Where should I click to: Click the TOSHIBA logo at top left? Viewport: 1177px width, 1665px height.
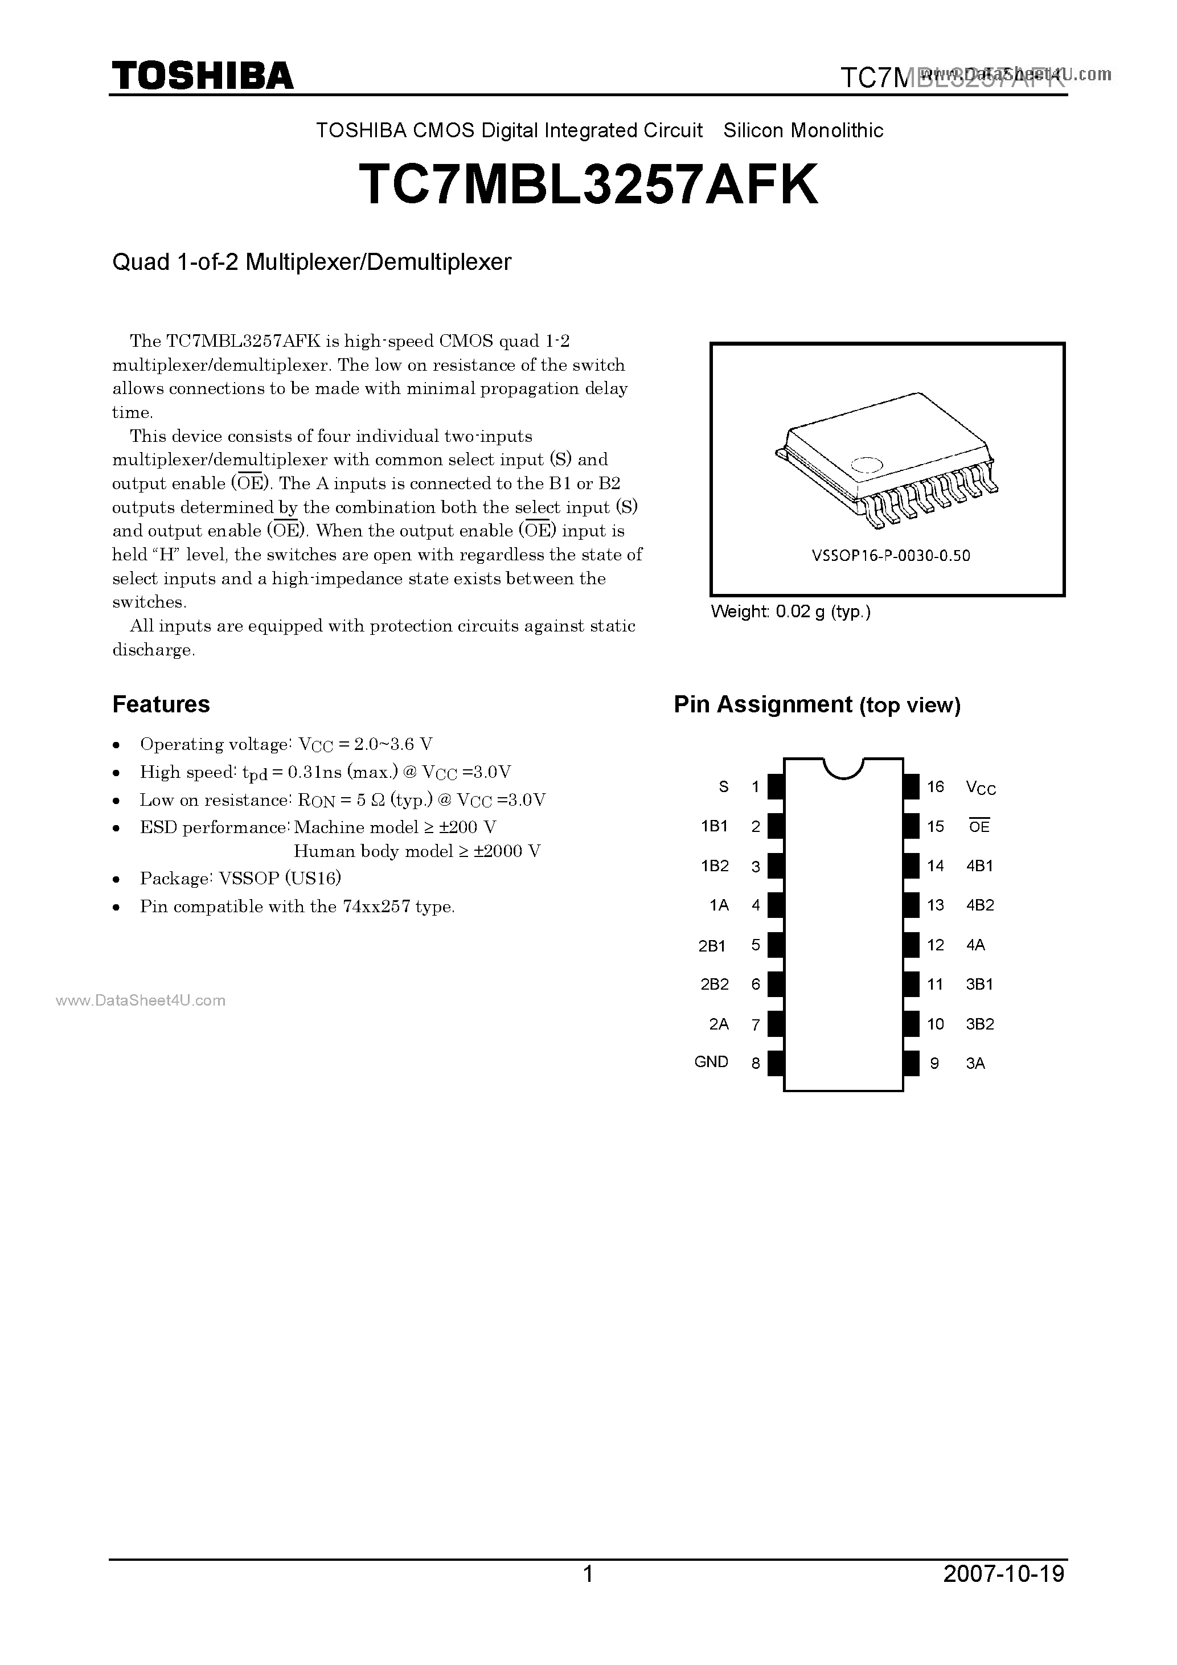202,76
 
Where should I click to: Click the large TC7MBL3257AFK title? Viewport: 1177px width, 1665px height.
588,186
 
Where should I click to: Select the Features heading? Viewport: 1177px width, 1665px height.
161,704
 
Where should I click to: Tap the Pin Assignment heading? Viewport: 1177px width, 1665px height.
817,705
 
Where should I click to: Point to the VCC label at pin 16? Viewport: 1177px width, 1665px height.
981,788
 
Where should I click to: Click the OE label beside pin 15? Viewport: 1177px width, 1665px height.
979,827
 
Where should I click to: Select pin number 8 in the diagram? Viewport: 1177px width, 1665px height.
756,1064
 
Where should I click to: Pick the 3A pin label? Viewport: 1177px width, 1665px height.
975,1064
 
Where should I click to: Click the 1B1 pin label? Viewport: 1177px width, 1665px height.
713,826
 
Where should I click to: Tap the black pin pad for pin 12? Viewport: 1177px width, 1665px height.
912,945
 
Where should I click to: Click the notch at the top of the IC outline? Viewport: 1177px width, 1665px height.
843,767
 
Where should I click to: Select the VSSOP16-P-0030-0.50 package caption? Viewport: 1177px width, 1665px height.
891,556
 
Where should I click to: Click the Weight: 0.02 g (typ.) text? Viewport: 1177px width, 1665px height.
790,612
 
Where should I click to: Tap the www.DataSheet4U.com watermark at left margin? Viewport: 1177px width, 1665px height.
141,1000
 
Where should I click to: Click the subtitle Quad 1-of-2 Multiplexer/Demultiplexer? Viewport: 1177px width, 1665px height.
312,262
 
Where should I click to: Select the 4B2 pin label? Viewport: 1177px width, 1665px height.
980,905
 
